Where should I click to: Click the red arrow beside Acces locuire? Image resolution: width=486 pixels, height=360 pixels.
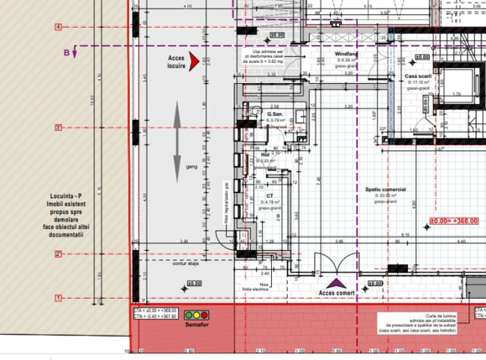point(195,60)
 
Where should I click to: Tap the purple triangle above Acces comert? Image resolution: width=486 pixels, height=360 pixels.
point(336,284)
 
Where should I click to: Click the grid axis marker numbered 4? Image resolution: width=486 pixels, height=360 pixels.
point(58,27)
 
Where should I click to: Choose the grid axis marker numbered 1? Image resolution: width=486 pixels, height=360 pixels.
point(58,297)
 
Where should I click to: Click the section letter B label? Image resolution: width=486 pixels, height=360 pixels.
point(66,52)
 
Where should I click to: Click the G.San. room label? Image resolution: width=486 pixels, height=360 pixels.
point(274,114)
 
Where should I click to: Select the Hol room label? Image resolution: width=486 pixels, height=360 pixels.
point(265,154)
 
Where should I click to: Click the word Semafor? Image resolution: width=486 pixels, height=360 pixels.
point(196,326)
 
